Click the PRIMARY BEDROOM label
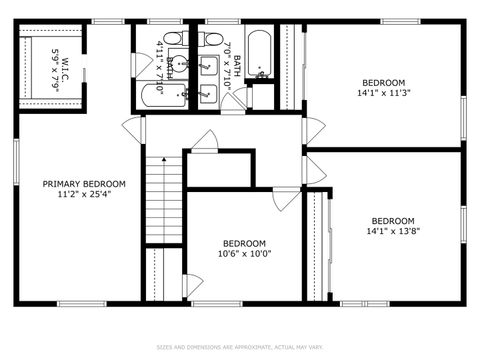coord(84,184)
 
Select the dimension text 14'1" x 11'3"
coord(384,93)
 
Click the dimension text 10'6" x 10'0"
coord(244,254)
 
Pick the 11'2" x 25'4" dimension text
coord(84,196)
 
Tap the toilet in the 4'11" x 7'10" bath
coord(172,40)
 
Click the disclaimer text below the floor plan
coord(240,347)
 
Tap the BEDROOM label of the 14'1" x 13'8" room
coord(393,221)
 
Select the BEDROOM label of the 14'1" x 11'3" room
coord(384,82)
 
